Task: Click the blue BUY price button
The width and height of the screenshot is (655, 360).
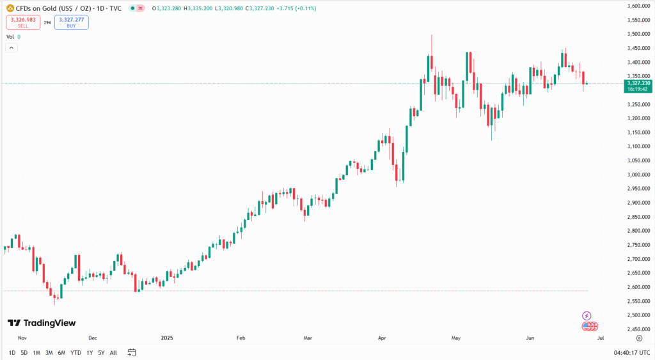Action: pos(71,22)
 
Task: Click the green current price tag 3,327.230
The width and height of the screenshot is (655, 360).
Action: pos(638,83)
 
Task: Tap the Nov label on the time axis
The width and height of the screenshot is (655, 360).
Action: pos(22,338)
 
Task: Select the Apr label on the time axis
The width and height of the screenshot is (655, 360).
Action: pos(382,338)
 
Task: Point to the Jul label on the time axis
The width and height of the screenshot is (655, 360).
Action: pos(601,338)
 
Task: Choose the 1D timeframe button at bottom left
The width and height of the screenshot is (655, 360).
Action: pos(12,352)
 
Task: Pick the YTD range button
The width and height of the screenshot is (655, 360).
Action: pos(75,352)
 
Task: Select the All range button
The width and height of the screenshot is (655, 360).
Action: pos(113,352)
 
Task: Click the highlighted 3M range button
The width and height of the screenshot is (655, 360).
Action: pos(49,352)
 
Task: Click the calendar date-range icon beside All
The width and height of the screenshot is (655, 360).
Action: pos(132,352)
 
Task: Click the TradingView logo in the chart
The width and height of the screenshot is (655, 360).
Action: pos(41,323)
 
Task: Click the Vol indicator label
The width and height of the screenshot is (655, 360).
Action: pos(10,37)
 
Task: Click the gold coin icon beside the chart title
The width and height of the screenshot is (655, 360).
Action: pos(10,8)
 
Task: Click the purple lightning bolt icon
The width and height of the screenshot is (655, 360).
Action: pos(587,316)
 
